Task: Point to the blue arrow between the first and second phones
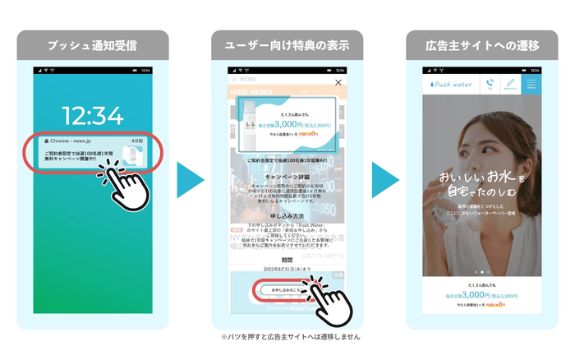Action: tap(190, 180)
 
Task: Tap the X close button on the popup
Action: tap(338, 83)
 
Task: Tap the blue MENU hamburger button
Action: tap(531, 84)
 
